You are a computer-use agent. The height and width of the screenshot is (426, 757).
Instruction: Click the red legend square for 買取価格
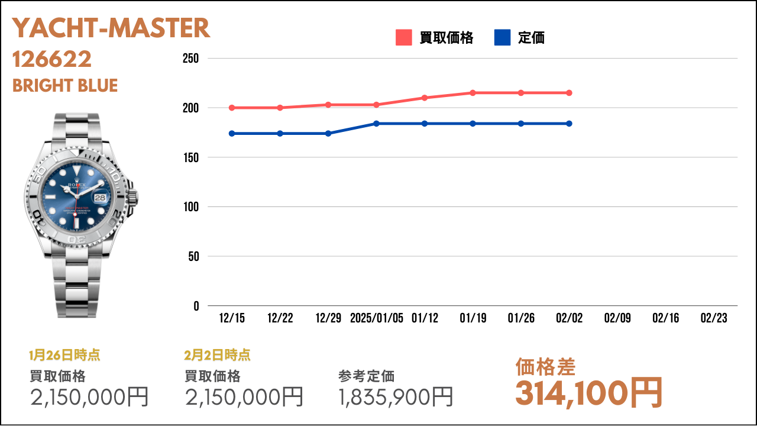[x=403, y=37]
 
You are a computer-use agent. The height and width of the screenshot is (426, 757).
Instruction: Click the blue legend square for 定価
[x=502, y=37]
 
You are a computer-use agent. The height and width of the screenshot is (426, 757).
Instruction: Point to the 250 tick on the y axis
[x=190, y=59]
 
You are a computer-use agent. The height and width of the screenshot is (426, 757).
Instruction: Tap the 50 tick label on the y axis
[x=193, y=257]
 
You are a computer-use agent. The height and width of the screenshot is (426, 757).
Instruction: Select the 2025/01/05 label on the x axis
[x=377, y=318]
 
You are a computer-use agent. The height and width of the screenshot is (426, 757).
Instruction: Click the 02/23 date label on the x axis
[x=714, y=318]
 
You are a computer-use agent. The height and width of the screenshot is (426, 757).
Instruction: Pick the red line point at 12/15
[x=232, y=108]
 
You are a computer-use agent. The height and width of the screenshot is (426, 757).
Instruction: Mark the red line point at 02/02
[x=569, y=93]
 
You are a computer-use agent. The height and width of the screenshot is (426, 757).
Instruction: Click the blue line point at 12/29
[x=328, y=134]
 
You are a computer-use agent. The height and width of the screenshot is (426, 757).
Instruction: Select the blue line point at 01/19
[x=473, y=124]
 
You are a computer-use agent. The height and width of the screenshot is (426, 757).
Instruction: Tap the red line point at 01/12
[x=425, y=98]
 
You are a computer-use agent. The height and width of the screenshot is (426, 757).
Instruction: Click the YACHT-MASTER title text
[x=111, y=28]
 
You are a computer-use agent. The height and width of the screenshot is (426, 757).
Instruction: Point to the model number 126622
[x=51, y=59]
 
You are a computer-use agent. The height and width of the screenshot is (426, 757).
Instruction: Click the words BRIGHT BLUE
[x=65, y=86]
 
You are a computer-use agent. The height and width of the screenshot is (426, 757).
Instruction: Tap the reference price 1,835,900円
[x=396, y=397]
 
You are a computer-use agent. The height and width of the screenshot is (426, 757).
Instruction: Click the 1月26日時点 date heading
[x=64, y=355]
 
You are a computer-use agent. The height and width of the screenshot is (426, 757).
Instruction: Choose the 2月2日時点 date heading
[x=217, y=355]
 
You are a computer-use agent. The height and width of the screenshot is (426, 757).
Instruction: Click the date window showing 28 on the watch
[x=100, y=198]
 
